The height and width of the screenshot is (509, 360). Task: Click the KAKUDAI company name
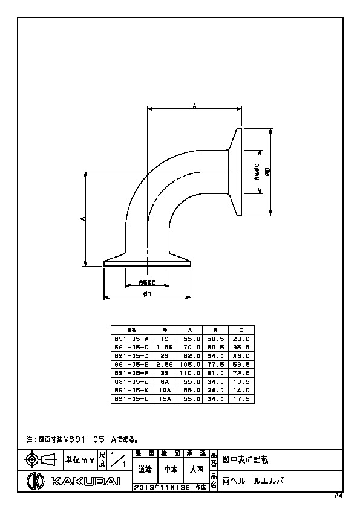point(85,481)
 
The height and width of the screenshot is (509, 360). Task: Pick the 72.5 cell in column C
point(240,374)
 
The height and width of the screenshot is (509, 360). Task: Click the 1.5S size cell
point(162,348)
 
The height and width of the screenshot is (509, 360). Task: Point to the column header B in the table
point(215,331)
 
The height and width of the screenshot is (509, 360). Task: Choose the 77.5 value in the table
point(215,365)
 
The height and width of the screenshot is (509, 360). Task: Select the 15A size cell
point(162,399)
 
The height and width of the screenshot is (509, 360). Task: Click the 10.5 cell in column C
point(240,382)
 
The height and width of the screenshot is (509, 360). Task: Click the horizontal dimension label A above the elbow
point(194,106)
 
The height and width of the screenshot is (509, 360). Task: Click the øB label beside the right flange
point(269,171)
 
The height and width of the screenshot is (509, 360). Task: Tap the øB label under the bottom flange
point(147,293)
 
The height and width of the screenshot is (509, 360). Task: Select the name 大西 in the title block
point(196,468)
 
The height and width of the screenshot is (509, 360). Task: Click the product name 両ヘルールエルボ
point(253,481)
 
